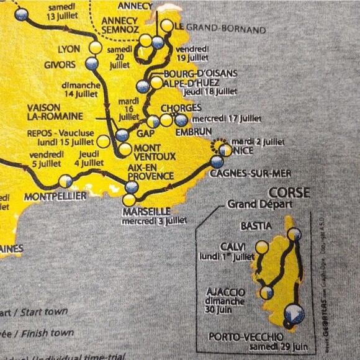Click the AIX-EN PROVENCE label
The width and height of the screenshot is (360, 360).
[x=150, y=172]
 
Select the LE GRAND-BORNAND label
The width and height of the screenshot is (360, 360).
[x=220, y=29]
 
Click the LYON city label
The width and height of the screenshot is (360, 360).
[x=69, y=49]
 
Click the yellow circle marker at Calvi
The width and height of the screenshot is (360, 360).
[x=262, y=248]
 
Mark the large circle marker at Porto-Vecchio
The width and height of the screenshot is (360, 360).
[x=294, y=315]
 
